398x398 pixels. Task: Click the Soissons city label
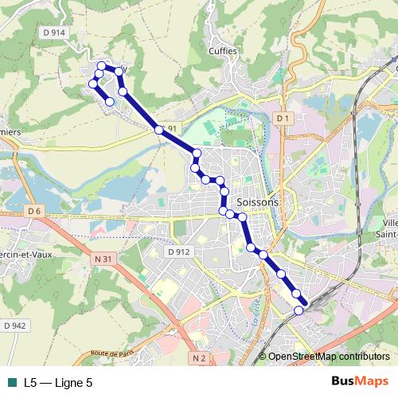[x=258, y=202]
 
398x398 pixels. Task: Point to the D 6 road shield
[x=33, y=210]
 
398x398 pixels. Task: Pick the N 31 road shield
[x=101, y=258]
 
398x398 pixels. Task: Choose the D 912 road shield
[x=180, y=252]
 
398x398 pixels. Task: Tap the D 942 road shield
[x=15, y=325]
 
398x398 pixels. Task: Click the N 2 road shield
[x=199, y=358]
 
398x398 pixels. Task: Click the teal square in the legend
[x=12, y=382]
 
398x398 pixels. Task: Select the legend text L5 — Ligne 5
[x=58, y=382]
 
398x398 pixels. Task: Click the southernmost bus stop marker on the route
[x=298, y=310]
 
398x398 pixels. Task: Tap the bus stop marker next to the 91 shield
[x=159, y=129]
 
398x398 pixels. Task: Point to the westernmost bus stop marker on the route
[x=93, y=83]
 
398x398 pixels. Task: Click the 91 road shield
[x=173, y=128]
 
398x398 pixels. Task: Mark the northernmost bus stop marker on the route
[x=101, y=66]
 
